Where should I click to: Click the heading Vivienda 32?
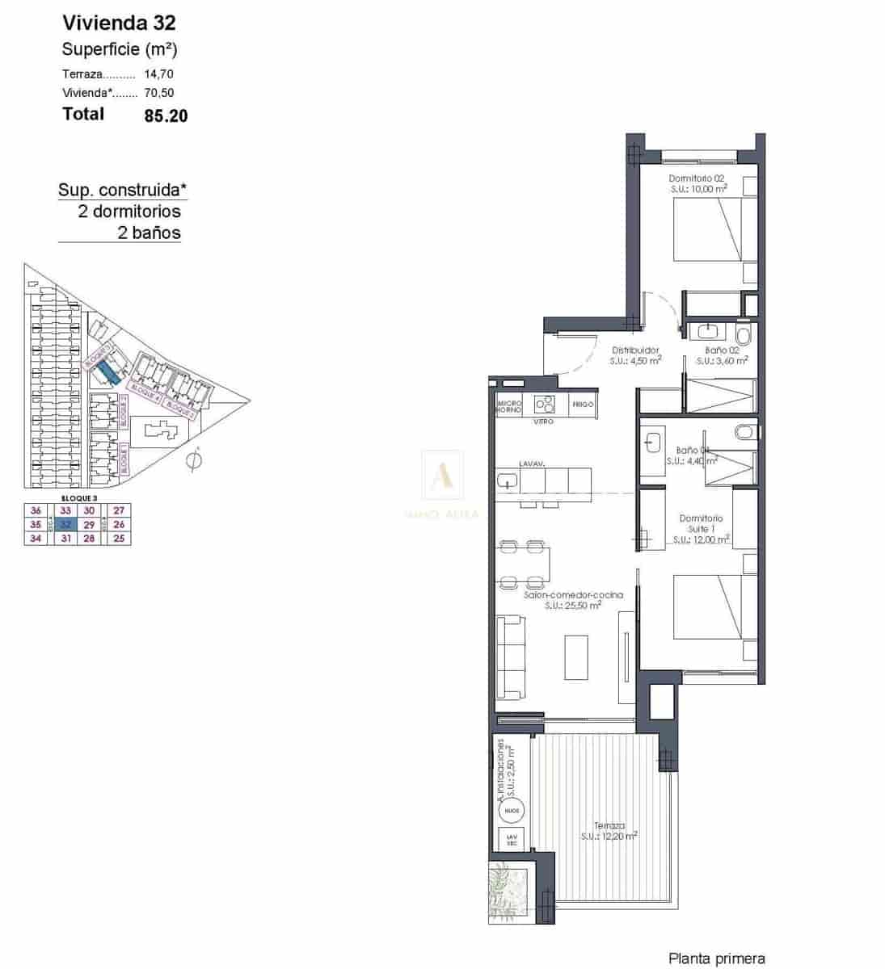tap(119, 23)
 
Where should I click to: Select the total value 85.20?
tap(166, 115)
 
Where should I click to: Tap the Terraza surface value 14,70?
tap(159, 73)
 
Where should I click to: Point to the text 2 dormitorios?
tap(129, 212)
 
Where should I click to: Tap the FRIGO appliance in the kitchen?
tap(583, 404)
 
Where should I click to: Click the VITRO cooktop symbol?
tap(544, 403)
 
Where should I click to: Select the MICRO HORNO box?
tap(509, 405)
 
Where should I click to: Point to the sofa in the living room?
tap(511, 657)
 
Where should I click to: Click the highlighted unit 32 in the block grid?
tap(66, 524)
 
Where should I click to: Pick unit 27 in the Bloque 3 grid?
tap(120, 510)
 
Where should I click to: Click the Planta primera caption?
tap(716, 959)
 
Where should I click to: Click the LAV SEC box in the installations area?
tap(511, 840)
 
